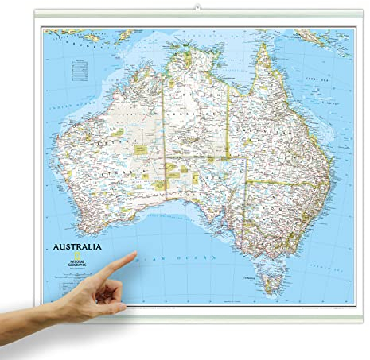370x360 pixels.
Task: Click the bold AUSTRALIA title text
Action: pos(77,246)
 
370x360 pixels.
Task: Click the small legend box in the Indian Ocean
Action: pos(79,71)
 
